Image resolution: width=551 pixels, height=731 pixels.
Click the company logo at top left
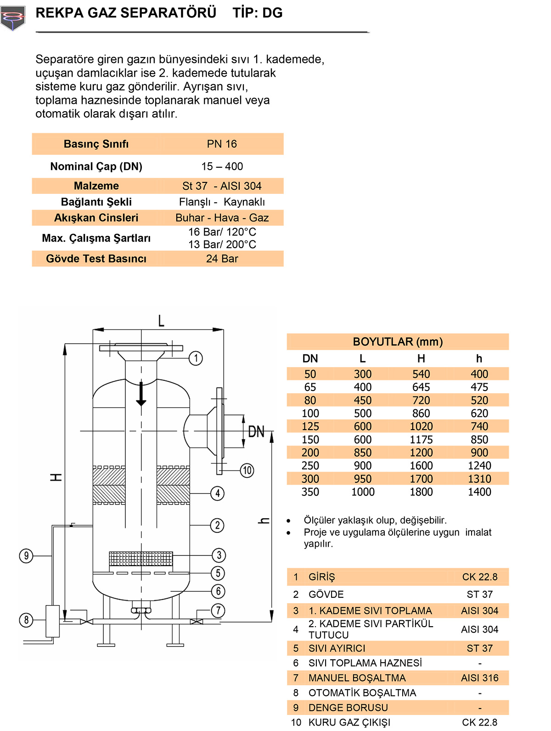point(12,18)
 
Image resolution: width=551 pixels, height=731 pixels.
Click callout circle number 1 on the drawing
point(196,358)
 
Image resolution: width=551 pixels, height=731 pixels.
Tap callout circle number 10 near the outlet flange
point(247,470)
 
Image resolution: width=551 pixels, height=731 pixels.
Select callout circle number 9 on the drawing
point(26,555)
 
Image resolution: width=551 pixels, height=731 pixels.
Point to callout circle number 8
point(26,620)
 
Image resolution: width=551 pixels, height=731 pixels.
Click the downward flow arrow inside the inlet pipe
point(141,394)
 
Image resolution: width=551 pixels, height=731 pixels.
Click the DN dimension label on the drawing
point(256,431)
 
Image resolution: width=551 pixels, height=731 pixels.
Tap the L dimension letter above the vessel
point(161,321)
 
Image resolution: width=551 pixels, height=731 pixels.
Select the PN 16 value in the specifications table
point(222,144)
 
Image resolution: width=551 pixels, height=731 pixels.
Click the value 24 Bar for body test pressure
point(222,259)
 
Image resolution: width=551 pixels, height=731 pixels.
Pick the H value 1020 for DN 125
point(421,426)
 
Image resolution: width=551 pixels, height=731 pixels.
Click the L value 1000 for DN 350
point(363,492)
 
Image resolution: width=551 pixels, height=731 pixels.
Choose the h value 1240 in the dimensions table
point(479,465)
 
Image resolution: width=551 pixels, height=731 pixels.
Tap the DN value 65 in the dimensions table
point(310,387)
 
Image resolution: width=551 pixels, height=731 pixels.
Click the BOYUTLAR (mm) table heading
point(398,342)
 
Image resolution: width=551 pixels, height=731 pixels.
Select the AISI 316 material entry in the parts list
point(479,678)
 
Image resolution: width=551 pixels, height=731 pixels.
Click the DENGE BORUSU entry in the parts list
point(348,708)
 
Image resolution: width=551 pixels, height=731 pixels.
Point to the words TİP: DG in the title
point(257,13)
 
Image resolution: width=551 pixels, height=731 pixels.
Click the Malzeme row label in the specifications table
point(96,186)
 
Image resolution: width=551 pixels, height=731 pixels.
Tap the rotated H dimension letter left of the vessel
point(56,477)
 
